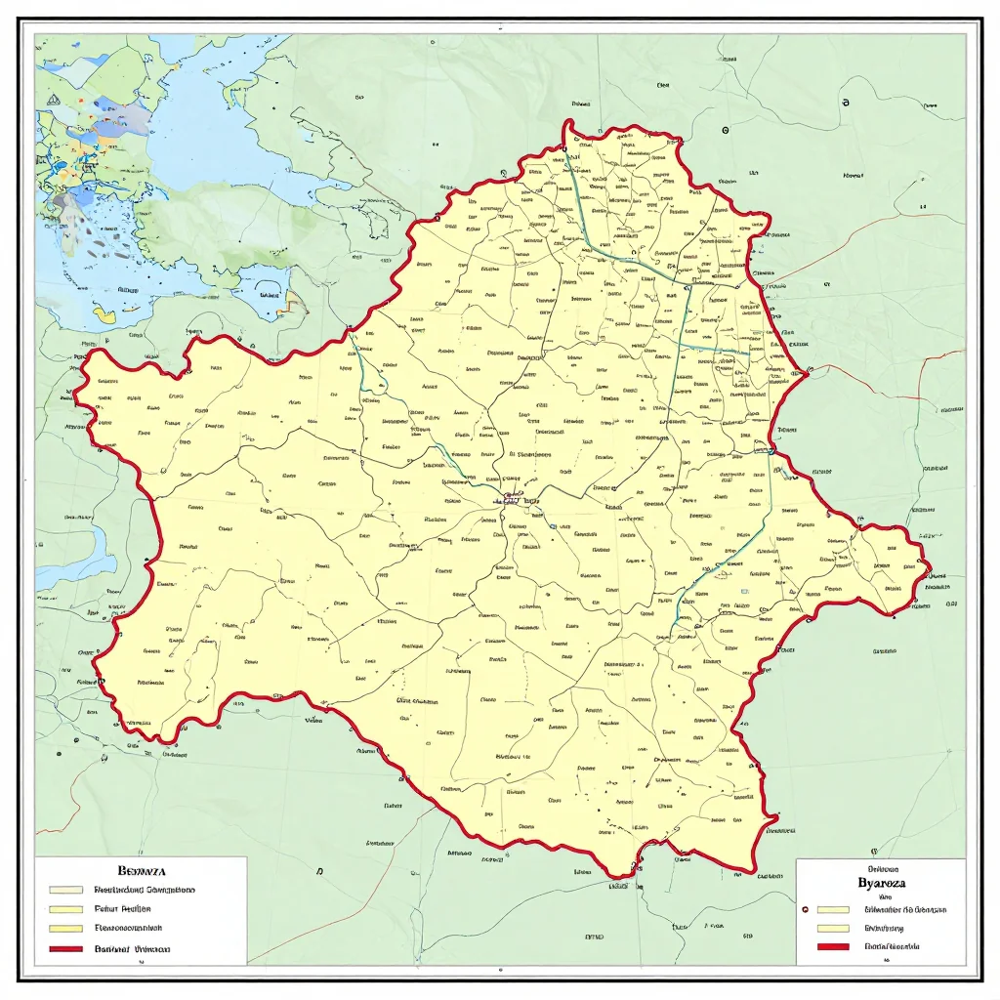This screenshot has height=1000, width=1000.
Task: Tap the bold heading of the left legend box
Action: (x=142, y=869)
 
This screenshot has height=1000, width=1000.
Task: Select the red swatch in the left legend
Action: (x=64, y=949)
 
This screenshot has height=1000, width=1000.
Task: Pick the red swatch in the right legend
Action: (x=834, y=947)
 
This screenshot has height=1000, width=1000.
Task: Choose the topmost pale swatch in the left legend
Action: (x=64, y=891)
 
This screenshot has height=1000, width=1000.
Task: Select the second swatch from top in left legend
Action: (x=64, y=909)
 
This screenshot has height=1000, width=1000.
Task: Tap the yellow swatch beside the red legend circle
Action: (x=834, y=909)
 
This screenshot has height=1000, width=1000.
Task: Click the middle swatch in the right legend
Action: (x=834, y=929)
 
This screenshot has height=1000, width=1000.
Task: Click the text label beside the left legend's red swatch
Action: (x=133, y=949)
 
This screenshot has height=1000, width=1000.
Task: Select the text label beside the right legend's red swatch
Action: (x=893, y=947)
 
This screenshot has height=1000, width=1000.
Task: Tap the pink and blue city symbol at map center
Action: (x=510, y=500)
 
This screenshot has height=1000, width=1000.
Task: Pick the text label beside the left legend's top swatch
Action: (x=145, y=891)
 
